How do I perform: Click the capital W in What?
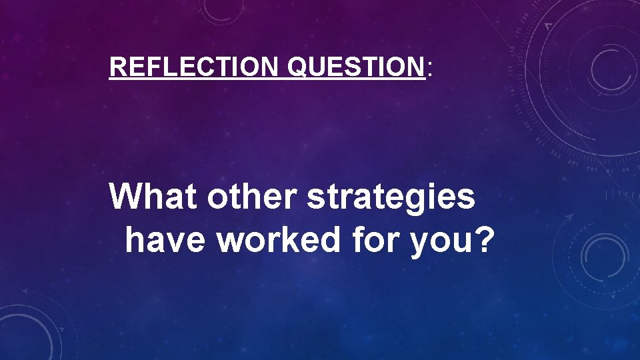click(125, 197)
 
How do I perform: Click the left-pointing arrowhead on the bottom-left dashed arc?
click(25, 291)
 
